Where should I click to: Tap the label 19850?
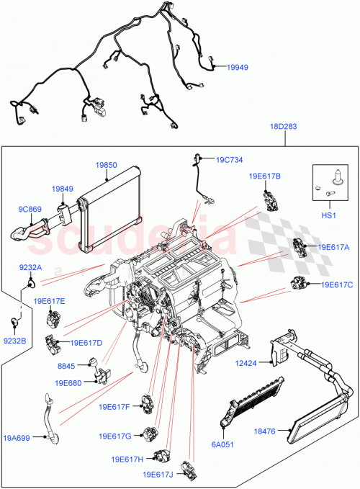[106, 165]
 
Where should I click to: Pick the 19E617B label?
[265, 176]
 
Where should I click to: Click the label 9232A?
[31, 267]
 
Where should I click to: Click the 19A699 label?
[17, 436]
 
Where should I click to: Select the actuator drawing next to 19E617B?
[270, 199]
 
